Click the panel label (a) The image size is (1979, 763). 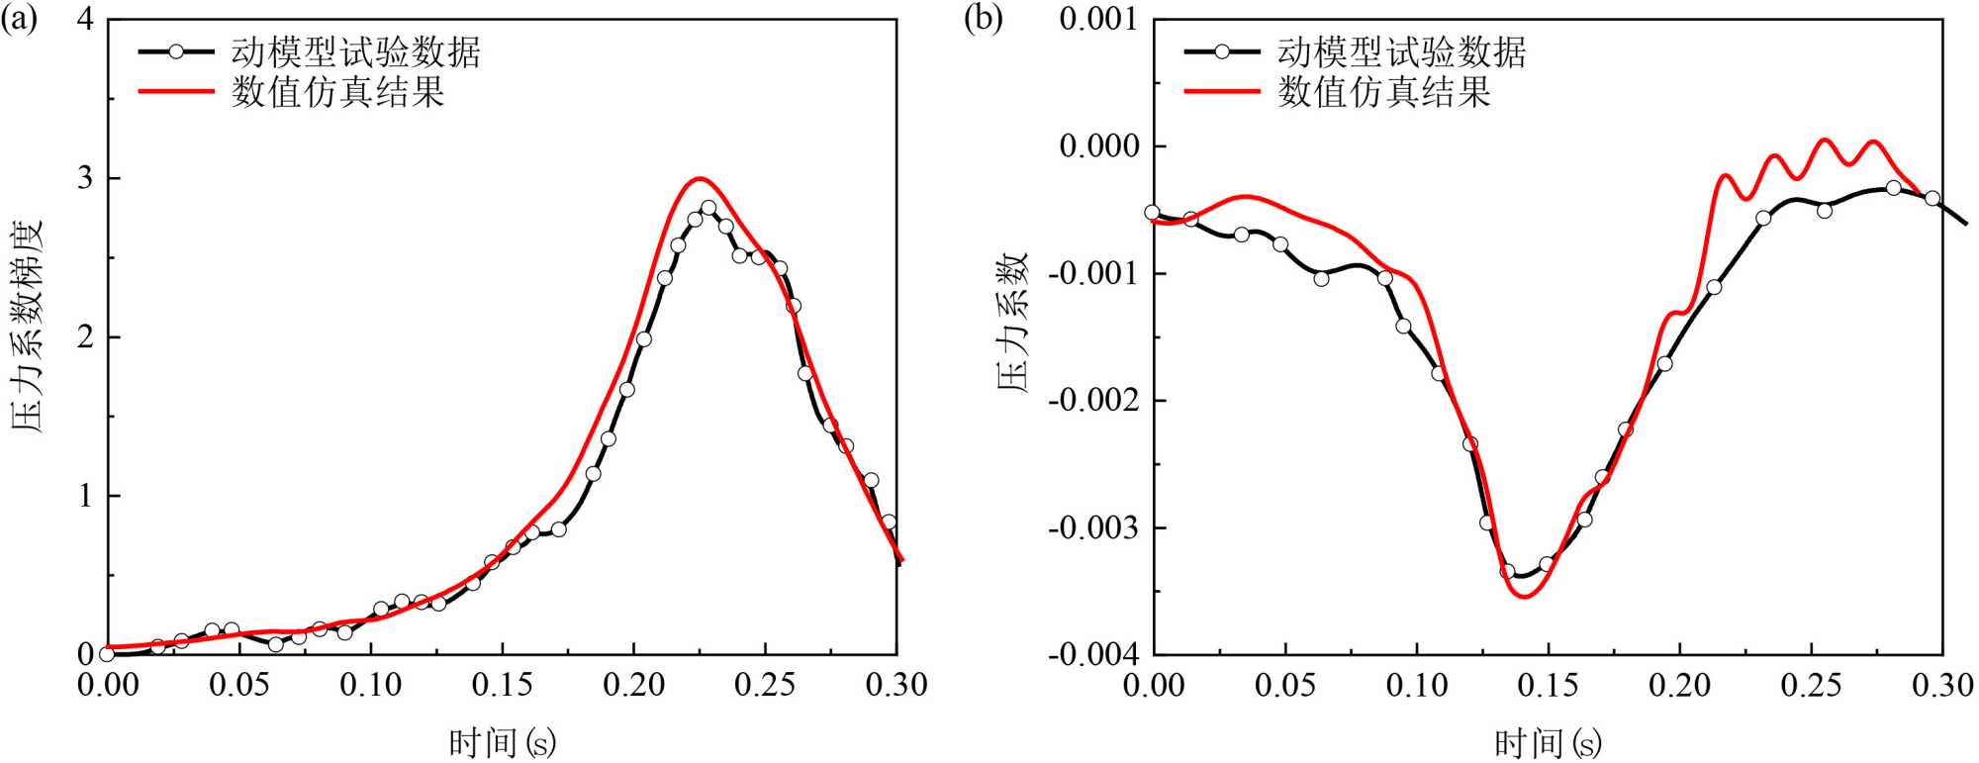(x=19, y=20)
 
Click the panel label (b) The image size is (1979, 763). (x=983, y=20)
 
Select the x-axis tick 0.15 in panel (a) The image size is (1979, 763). (x=502, y=685)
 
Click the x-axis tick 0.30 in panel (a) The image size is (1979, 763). (x=896, y=685)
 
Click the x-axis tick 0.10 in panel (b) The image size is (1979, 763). (x=1416, y=685)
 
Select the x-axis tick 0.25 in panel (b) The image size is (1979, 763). (x=1811, y=685)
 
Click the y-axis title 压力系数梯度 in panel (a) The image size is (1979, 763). (x=29, y=327)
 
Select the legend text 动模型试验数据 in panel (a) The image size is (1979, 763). (x=356, y=51)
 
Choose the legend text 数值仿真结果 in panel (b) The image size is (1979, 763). (x=1383, y=92)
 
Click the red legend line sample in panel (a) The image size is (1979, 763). (x=176, y=92)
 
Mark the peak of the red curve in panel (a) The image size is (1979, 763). (x=699, y=179)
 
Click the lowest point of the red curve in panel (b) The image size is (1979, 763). (x=1524, y=596)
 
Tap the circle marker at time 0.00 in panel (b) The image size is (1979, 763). (x=1152, y=212)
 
